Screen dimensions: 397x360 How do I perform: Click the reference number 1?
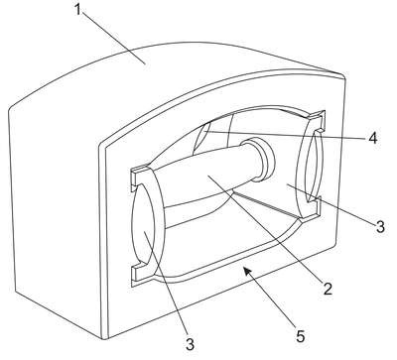[78, 10]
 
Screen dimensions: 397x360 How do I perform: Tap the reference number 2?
[328, 289]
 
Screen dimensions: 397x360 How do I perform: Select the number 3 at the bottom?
[190, 344]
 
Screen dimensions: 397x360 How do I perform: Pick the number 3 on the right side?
[380, 227]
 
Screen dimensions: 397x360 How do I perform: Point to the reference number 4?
[373, 138]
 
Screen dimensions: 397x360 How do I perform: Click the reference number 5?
[300, 336]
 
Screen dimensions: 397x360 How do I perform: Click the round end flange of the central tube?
[261, 159]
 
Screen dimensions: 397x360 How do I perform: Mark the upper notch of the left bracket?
[139, 177]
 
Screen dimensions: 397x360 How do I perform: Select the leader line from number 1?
[112, 38]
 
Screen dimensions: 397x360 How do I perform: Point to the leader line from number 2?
[265, 229]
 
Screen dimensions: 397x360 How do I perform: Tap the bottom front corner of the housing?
[105, 338]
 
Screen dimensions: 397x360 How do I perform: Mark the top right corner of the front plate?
[344, 76]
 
